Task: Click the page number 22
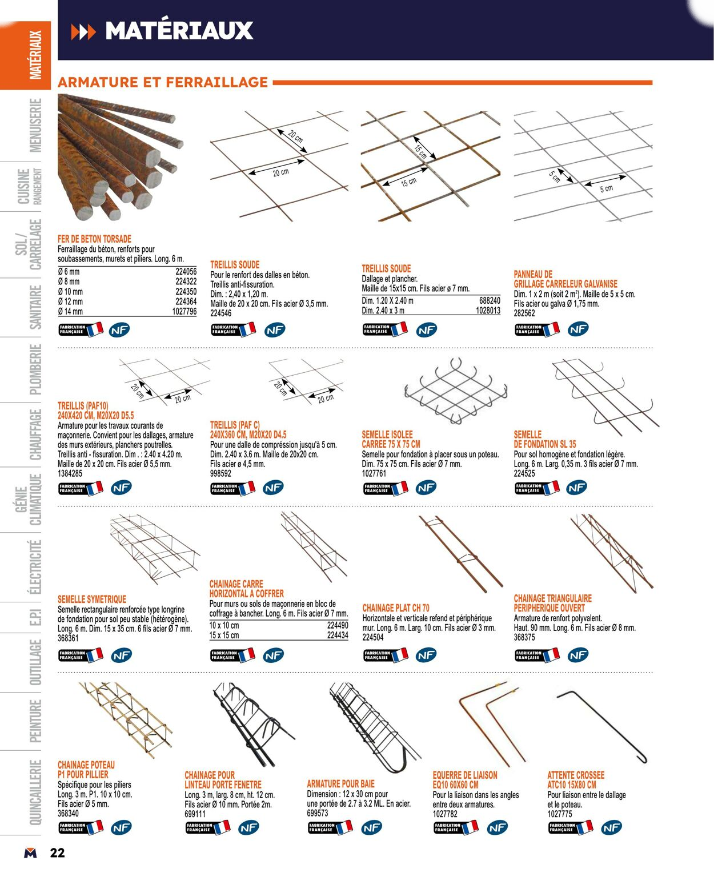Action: point(57,853)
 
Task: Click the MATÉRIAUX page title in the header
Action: point(179,31)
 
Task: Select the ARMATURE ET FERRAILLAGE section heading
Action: point(163,82)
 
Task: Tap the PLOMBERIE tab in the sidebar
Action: point(35,369)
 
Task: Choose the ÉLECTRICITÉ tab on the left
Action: point(35,567)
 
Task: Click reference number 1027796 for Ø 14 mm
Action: point(184,312)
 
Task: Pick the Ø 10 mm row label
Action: point(70,292)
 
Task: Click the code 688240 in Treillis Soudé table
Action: point(490,300)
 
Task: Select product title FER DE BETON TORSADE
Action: point(94,239)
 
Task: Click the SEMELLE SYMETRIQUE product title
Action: point(92,600)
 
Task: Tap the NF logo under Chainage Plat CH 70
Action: point(426,655)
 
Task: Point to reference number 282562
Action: point(524,313)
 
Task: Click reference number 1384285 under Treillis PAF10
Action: point(70,474)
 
